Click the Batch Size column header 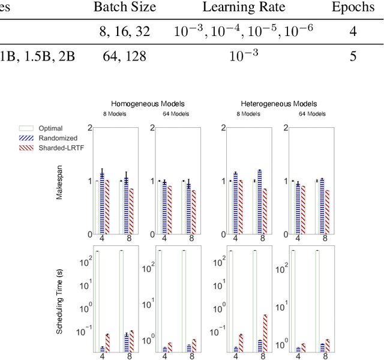125,8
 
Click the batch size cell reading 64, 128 125,56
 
